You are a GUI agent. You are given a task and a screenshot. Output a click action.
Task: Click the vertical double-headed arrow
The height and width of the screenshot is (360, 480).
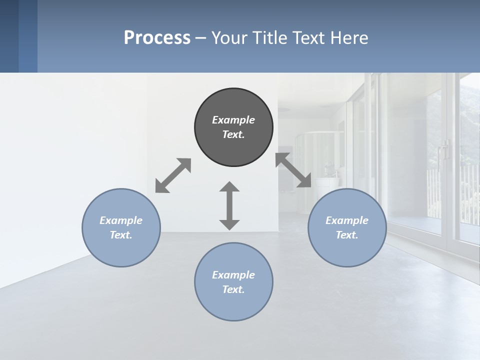229,206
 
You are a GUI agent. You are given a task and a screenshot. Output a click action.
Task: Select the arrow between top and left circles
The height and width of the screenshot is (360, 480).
173,175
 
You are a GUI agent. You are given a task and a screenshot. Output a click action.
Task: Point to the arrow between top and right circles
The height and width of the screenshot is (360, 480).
293,170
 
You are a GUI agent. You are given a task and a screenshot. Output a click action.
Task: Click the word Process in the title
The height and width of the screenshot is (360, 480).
157,38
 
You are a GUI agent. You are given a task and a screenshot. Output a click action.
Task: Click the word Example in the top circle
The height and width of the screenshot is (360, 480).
233,120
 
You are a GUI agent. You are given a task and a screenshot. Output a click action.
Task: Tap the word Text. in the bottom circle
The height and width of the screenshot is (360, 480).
233,289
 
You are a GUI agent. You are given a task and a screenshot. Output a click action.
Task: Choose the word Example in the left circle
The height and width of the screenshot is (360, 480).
121,220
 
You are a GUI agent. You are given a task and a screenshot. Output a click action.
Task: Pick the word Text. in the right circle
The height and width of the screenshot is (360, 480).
347,235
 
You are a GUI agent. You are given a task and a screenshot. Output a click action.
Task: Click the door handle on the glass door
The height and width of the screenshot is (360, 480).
443,150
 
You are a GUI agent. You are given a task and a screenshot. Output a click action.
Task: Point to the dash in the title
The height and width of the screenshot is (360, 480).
201,38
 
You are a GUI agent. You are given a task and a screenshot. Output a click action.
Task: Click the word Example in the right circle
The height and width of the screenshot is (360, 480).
347,220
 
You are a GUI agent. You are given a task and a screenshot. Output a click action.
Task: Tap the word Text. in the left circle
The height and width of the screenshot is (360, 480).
121,235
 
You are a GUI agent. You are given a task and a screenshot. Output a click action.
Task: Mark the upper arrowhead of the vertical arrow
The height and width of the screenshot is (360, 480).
229,187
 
